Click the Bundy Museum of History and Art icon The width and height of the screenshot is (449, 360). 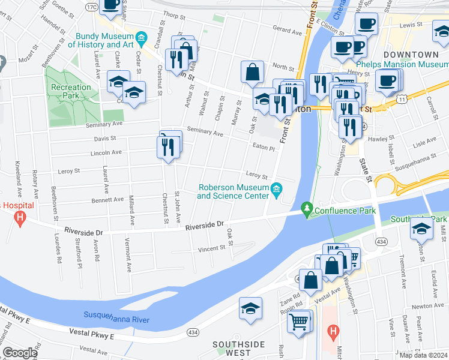coord(140,40)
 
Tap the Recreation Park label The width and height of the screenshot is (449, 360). coord(71,91)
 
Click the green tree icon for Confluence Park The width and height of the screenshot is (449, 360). coord(307,209)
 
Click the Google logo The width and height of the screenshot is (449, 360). coord(20,353)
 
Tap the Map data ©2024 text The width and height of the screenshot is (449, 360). coord(423,355)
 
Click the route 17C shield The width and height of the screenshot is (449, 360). coord(91,7)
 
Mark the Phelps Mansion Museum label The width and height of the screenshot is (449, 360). coord(402,65)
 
